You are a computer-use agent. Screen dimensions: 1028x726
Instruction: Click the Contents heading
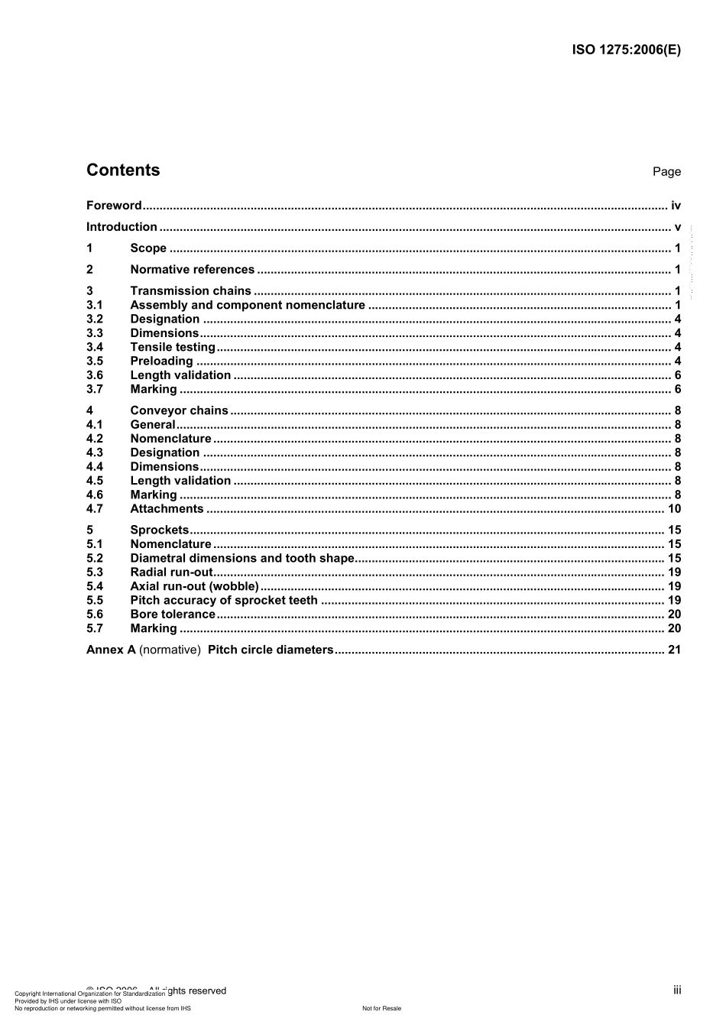click(123, 170)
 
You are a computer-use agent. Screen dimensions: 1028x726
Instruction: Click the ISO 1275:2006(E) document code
click(626, 50)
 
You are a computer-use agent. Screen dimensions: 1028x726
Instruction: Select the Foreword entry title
click(114, 206)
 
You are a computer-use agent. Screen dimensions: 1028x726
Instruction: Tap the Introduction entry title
click(122, 227)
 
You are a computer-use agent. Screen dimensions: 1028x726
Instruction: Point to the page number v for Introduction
click(677, 227)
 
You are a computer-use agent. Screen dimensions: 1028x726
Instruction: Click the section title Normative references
click(192, 270)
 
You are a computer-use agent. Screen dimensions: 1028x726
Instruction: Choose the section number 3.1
click(95, 305)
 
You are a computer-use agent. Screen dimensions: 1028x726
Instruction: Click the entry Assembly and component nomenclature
click(248, 305)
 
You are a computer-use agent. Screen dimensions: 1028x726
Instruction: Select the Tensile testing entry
click(173, 347)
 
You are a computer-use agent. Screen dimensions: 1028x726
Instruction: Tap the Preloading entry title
click(161, 362)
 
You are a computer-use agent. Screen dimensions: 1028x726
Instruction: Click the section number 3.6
click(95, 375)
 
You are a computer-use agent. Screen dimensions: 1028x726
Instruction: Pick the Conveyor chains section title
click(179, 411)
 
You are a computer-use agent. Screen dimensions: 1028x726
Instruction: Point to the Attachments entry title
click(167, 509)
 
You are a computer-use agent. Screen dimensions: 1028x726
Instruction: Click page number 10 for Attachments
click(674, 509)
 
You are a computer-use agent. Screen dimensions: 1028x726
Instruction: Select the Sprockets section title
click(159, 530)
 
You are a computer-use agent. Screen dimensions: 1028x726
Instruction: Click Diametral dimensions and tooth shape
click(242, 559)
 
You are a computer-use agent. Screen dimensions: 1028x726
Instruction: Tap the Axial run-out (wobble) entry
click(194, 587)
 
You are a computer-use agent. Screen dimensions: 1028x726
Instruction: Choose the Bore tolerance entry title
click(173, 615)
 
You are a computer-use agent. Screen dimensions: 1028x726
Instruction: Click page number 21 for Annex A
click(674, 650)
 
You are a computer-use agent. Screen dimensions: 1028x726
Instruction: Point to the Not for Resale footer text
click(381, 1009)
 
